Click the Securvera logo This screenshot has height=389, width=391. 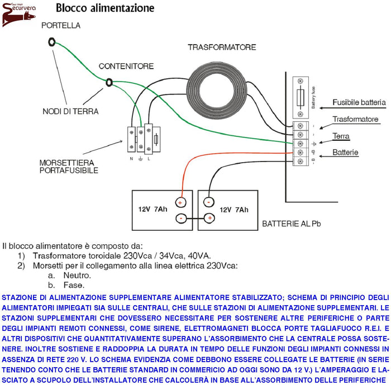click(x=20, y=14)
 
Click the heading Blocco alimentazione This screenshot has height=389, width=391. click(x=104, y=8)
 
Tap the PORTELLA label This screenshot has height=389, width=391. click(x=61, y=25)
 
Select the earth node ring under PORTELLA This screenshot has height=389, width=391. click(x=52, y=41)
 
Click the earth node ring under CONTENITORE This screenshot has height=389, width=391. click(x=109, y=82)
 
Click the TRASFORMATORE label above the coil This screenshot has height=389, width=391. click(x=222, y=47)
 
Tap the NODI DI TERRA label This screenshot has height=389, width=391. click(x=70, y=111)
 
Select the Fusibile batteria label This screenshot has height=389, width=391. click(x=359, y=102)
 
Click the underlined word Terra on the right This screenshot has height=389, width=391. click(x=341, y=136)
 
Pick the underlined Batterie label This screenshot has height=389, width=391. click(x=346, y=152)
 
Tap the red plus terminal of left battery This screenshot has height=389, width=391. click(x=180, y=202)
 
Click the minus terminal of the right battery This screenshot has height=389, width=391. click(x=208, y=202)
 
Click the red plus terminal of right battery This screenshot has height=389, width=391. click(x=209, y=218)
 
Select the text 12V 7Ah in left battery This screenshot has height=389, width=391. click(x=152, y=210)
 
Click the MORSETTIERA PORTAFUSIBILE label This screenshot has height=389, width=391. click(x=68, y=166)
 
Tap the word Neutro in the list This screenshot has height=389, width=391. click(x=77, y=275)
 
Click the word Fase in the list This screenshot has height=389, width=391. click(x=74, y=284)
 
